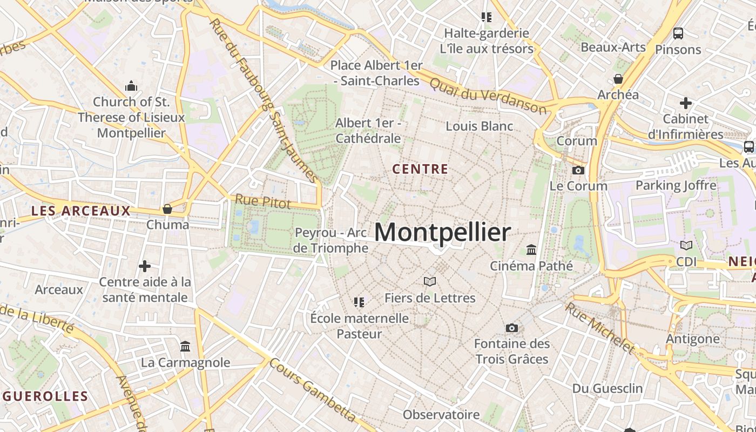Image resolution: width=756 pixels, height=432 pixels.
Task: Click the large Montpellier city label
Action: pyautogui.click(x=442, y=232)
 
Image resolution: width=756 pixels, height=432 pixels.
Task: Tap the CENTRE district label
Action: pyautogui.click(x=420, y=170)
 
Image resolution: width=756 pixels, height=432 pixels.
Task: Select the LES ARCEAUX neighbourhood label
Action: pyautogui.click(x=81, y=211)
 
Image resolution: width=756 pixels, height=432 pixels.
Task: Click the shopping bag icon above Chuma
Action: pyautogui.click(x=167, y=209)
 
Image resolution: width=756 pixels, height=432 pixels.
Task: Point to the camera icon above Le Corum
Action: pyautogui.click(x=578, y=171)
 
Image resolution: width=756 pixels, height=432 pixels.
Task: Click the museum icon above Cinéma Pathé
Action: pyautogui.click(x=531, y=250)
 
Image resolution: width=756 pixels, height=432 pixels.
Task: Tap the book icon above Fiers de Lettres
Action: pyautogui.click(x=430, y=282)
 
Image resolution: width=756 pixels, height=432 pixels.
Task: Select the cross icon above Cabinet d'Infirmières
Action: pyautogui.click(x=685, y=103)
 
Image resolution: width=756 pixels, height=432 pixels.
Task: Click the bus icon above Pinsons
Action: pyautogui.click(x=678, y=33)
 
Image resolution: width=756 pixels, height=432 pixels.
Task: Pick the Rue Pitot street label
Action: pyautogui.click(x=262, y=202)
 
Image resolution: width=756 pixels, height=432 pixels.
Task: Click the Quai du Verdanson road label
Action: pyautogui.click(x=488, y=96)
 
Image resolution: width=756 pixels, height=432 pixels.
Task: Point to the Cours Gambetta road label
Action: pyautogui.click(x=313, y=390)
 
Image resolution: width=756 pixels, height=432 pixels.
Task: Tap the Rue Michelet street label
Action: pyautogui.click(x=599, y=328)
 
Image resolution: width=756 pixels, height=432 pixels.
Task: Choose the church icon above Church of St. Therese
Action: pyautogui.click(x=131, y=86)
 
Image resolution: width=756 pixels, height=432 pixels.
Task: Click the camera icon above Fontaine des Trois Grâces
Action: pyautogui.click(x=511, y=328)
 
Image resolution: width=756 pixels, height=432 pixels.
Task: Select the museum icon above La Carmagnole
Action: pyautogui.click(x=185, y=346)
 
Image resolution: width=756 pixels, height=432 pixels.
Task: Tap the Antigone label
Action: pyautogui.click(x=693, y=339)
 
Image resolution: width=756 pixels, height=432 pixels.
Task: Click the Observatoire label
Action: pyautogui.click(x=441, y=415)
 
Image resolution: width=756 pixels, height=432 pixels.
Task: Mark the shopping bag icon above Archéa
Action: pyautogui.click(x=618, y=79)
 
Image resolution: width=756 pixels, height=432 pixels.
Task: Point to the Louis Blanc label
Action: pyautogui.click(x=479, y=126)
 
